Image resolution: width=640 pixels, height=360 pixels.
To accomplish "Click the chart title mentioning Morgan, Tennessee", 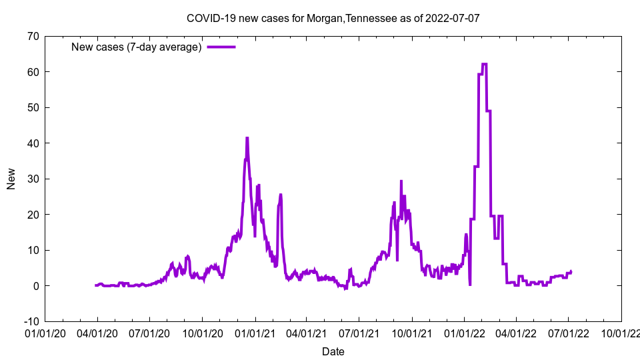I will tap(333, 18).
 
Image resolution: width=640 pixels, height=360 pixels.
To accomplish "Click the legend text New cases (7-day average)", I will tap(136, 47).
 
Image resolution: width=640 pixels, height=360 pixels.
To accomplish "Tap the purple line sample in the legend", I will tap(221, 47).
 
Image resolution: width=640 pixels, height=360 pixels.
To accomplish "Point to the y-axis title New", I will tap(11, 179).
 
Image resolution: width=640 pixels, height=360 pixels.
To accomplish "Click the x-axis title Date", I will tap(333, 351).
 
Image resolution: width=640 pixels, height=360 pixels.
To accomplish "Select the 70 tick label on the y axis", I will tap(33, 36).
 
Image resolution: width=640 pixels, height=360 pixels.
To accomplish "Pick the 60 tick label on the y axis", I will tap(33, 72).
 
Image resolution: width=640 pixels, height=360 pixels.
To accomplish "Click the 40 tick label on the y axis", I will tap(33, 143).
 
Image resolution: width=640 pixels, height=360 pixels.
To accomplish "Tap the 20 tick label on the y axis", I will tap(33, 215).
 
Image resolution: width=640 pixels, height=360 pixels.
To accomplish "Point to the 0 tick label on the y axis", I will tap(35, 286).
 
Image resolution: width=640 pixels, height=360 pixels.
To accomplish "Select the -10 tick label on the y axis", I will tap(31, 321).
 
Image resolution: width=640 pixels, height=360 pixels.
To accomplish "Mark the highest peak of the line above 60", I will tap(484, 64).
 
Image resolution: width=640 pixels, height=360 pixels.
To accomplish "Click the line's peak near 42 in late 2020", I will tap(247, 138).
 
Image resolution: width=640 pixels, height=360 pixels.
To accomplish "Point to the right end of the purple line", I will tap(571, 271).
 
